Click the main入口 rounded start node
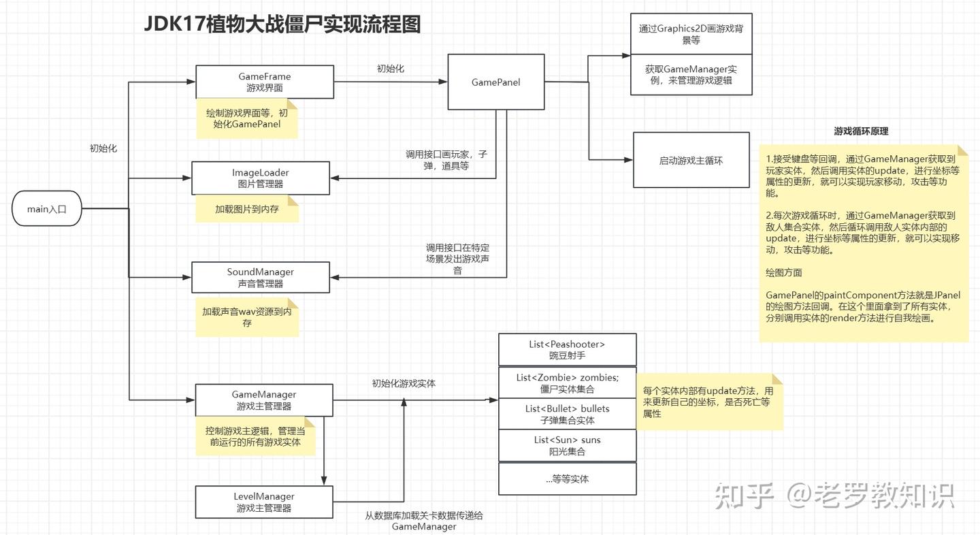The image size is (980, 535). [x=47, y=209]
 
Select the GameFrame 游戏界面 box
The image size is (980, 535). [x=265, y=82]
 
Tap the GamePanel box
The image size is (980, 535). [x=495, y=82]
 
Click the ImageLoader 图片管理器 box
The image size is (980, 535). [x=261, y=178]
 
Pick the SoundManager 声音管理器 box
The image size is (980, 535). [x=261, y=278]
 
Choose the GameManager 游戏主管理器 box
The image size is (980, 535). [x=264, y=400]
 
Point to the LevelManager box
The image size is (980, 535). [x=264, y=502]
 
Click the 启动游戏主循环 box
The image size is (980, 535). [x=691, y=161]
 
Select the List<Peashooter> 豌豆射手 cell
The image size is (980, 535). [x=567, y=350]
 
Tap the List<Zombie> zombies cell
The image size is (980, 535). [x=567, y=383]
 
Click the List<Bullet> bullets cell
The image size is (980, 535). [x=567, y=414]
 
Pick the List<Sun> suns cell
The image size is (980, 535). [x=567, y=445]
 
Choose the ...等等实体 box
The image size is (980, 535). [x=567, y=479]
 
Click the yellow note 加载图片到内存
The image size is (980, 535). [x=247, y=210]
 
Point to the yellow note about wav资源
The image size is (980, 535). [x=247, y=317]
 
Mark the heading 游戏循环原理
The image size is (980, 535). [x=861, y=131]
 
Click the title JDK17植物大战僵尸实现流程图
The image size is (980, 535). [x=282, y=25]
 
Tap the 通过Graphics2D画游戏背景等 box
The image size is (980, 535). [x=691, y=34]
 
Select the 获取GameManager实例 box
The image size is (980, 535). [x=691, y=75]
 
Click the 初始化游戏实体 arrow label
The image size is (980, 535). [x=404, y=383]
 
